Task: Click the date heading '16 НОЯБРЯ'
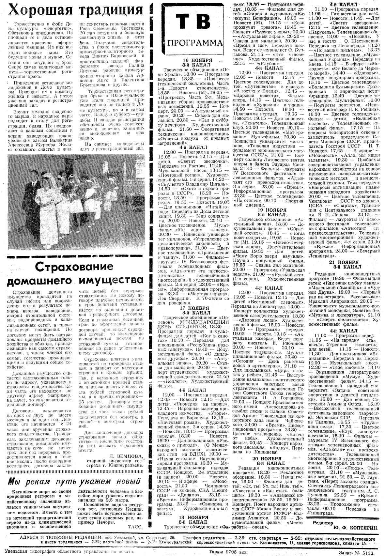(198, 61)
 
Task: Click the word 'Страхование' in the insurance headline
(75, 267)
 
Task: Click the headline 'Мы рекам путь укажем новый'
(75, 481)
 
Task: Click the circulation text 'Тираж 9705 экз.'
(228, 551)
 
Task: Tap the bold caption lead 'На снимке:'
(94, 144)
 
